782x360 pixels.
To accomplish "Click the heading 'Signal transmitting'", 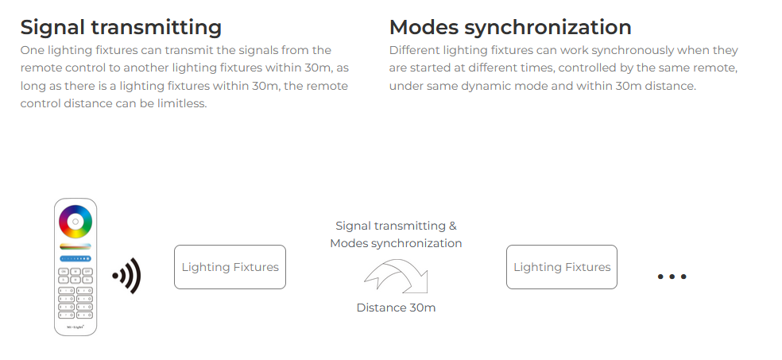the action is click(x=121, y=27).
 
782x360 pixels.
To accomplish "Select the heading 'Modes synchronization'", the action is click(x=509, y=27).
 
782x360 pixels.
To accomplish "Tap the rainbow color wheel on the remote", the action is click(x=75, y=222).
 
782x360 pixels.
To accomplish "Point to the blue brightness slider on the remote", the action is click(x=75, y=259).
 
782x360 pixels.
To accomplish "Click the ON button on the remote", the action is click(x=64, y=272).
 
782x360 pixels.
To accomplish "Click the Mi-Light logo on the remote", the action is click(x=75, y=327).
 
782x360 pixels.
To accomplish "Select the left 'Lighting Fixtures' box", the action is click(x=230, y=267).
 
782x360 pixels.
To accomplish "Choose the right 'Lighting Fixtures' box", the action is click(x=562, y=267).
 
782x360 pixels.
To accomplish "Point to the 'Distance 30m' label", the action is click(x=396, y=308).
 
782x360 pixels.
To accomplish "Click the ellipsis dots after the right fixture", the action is click(x=672, y=277).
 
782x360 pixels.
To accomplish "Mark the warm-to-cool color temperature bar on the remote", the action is click(x=75, y=246).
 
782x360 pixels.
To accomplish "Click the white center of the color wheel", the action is click(x=75, y=222).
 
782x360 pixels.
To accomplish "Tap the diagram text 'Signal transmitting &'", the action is click(x=396, y=226).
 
